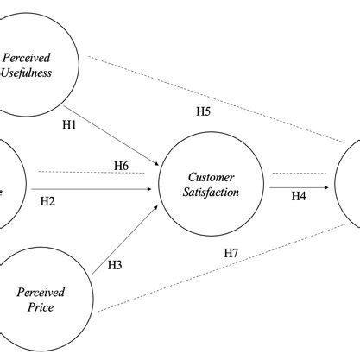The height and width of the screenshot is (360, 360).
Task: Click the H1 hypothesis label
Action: [70, 124]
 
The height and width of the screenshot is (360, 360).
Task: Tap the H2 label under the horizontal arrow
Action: [47, 201]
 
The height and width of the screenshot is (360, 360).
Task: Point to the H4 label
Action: [298, 196]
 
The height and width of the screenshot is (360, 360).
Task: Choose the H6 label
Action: [122, 165]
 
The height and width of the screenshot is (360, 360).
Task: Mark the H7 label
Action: [231, 252]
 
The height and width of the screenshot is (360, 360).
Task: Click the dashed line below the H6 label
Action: [95, 172]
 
